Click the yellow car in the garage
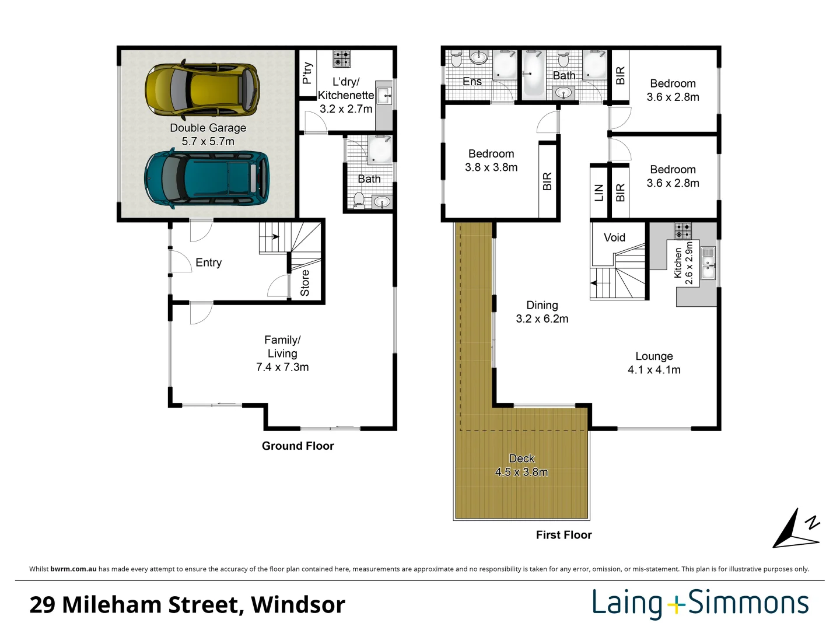click(202, 89)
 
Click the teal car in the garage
click(206, 178)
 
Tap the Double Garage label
click(208, 128)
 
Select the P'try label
click(307, 73)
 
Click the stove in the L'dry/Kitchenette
click(341, 59)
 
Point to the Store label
click(305, 283)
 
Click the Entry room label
click(208, 262)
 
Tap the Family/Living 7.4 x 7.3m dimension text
click(282, 367)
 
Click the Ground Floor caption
click(297, 446)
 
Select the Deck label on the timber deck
click(521, 459)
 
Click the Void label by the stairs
click(614, 237)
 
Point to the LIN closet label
click(599, 192)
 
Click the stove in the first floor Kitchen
click(682, 230)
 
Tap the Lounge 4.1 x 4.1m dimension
click(654, 370)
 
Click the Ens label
click(472, 82)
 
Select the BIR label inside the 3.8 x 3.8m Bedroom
click(547, 181)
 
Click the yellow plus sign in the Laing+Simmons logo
click(675, 604)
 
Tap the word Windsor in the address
click(298, 604)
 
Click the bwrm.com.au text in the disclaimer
click(73, 569)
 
